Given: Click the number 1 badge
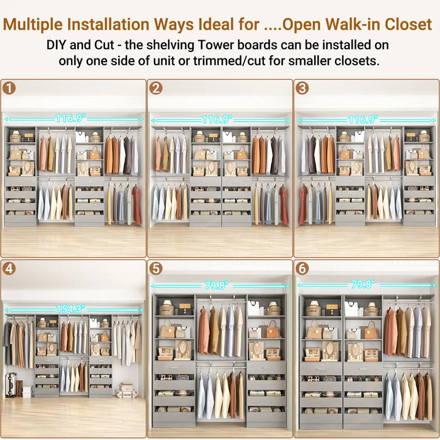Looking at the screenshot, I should pyautogui.click(x=9, y=88).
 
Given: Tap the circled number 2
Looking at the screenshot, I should pyautogui.click(x=157, y=88).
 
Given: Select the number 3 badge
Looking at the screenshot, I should pyautogui.click(x=302, y=88).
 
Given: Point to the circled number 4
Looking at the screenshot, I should pyautogui.click(x=9, y=268).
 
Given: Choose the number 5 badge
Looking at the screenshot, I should pyautogui.click(x=157, y=268).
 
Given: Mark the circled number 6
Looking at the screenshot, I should pyautogui.click(x=302, y=268).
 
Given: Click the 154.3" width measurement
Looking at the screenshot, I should pyautogui.click(x=70, y=309).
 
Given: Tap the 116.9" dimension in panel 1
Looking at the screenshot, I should pyautogui.click(x=70, y=118).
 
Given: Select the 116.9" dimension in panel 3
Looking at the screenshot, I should pyautogui.click(x=363, y=119).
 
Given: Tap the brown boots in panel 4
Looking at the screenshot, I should pyautogui.click(x=18, y=388).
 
